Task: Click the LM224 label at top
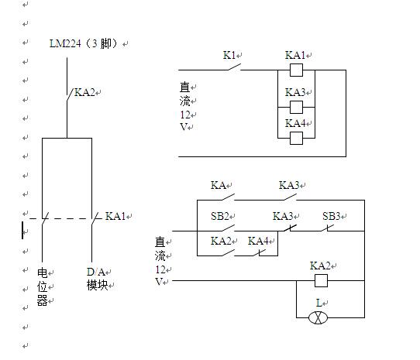(65, 43)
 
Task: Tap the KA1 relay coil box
(296, 70)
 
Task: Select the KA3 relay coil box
(296, 107)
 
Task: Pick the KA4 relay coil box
(296, 138)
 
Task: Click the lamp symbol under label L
(318, 317)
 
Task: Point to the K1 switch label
(229, 55)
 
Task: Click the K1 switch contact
(234, 67)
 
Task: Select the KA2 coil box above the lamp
(321, 280)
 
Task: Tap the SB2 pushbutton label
(219, 216)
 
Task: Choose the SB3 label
(331, 216)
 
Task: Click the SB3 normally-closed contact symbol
(327, 228)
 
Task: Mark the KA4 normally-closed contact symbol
(260, 253)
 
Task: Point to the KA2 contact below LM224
(70, 95)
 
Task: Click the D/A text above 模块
(95, 272)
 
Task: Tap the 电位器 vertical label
(43, 286)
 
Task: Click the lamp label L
(318, 303)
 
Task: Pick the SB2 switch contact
(229, 228)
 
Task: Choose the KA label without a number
(218, 185)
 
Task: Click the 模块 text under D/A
(97, 286)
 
